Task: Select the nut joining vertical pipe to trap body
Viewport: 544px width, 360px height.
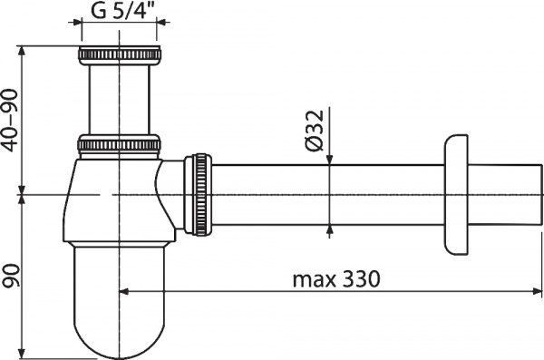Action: tap(120, 145)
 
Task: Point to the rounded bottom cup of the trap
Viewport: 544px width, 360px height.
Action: tap(120, 308)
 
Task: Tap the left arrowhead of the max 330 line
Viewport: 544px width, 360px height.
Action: tap(126, 292)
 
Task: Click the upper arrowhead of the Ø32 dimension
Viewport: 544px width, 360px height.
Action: tap(330, 160)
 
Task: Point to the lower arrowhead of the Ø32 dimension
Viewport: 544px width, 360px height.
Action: tap(330, 231)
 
